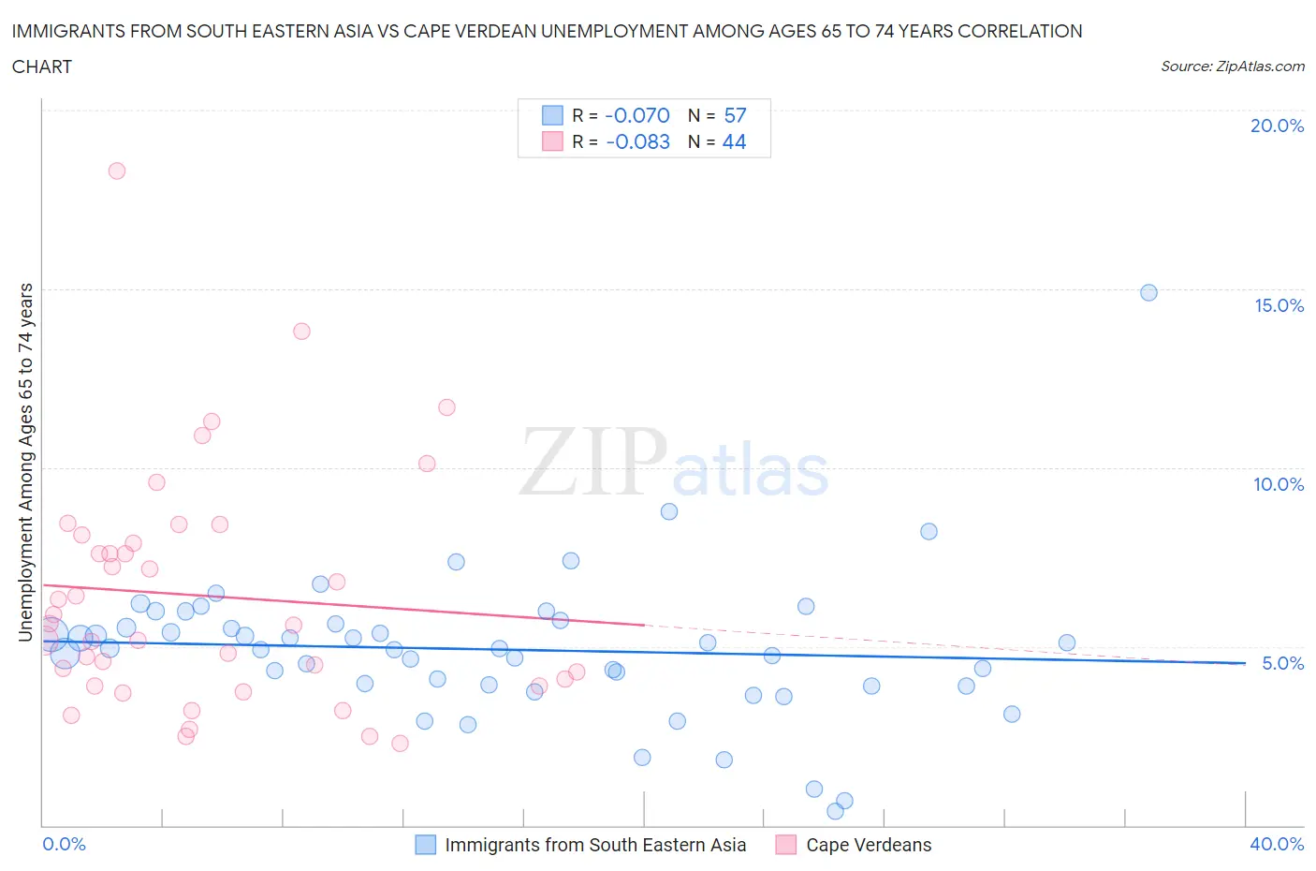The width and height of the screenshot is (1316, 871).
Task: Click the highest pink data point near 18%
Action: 117,170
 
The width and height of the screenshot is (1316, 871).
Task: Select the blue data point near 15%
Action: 1148,292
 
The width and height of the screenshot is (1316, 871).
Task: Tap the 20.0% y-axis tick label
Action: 1277,125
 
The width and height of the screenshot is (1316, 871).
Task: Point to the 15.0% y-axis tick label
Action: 1279,305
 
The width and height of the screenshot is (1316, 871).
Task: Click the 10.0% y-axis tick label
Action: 1279,484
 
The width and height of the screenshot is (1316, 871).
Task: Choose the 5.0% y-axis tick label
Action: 1282,663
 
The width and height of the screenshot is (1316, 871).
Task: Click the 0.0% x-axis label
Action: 64,844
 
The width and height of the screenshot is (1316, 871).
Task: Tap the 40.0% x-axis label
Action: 1277,844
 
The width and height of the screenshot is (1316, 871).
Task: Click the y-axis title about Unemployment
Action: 25,463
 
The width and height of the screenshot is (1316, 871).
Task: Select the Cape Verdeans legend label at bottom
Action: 869,845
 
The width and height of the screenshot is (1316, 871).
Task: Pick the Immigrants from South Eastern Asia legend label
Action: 595,845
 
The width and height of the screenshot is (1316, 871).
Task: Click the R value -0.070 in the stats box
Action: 637,115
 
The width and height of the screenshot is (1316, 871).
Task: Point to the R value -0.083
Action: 637,141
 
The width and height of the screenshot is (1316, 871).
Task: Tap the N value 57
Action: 735,115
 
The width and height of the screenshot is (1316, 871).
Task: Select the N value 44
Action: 734,141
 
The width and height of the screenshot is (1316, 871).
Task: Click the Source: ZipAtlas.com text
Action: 1232,66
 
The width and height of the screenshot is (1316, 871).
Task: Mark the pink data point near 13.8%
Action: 301,331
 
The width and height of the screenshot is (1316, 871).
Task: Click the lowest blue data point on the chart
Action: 835,811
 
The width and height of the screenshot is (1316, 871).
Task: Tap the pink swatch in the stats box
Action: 552,141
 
